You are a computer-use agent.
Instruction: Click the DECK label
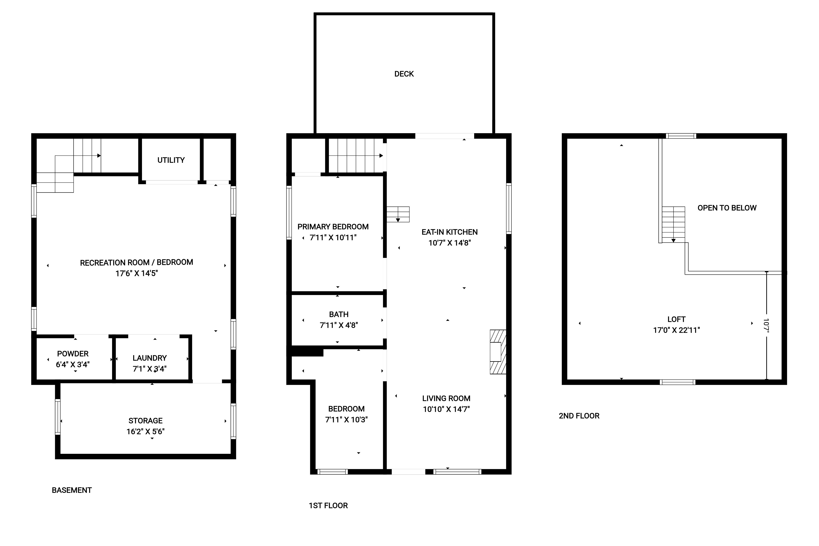(404, 74)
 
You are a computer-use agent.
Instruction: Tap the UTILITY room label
(171, 160)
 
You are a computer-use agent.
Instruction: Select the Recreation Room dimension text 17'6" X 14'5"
(136, 273)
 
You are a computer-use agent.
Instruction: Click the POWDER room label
(73, 354)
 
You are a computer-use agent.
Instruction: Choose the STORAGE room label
(145, 421)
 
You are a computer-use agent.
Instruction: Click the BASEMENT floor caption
(72, 490)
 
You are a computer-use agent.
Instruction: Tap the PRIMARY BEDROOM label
(333, 227)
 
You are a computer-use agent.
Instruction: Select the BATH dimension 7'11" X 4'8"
(339, 325)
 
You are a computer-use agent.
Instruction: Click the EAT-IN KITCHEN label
(450, 232)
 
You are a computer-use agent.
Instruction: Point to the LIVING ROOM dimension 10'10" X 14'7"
(446, 409)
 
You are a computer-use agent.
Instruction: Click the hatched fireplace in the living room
(498, 352)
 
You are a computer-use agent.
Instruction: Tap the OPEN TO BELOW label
(727, 208)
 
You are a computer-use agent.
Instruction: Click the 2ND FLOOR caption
(579, 416)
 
